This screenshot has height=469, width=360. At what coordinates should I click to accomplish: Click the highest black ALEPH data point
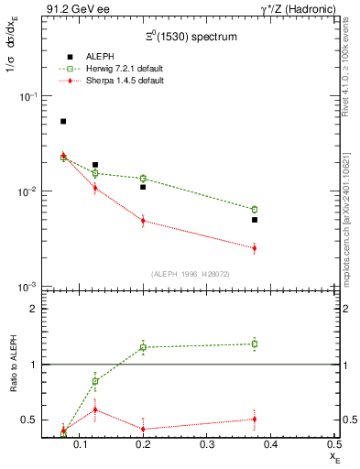(x=63, y=121)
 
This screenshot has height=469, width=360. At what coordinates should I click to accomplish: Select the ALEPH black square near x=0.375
(x=255, y=220)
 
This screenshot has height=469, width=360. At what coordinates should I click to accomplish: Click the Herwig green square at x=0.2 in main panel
(x=143, y=179)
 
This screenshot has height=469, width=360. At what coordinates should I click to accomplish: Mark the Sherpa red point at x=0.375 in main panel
(x=255, y=248)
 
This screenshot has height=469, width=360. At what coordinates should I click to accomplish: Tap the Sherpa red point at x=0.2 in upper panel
(x=143, y=221)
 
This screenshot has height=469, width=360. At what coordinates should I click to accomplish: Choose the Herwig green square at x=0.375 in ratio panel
(x=255, y=344)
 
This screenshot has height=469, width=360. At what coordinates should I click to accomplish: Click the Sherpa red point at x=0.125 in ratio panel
(x=95, y=409)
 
